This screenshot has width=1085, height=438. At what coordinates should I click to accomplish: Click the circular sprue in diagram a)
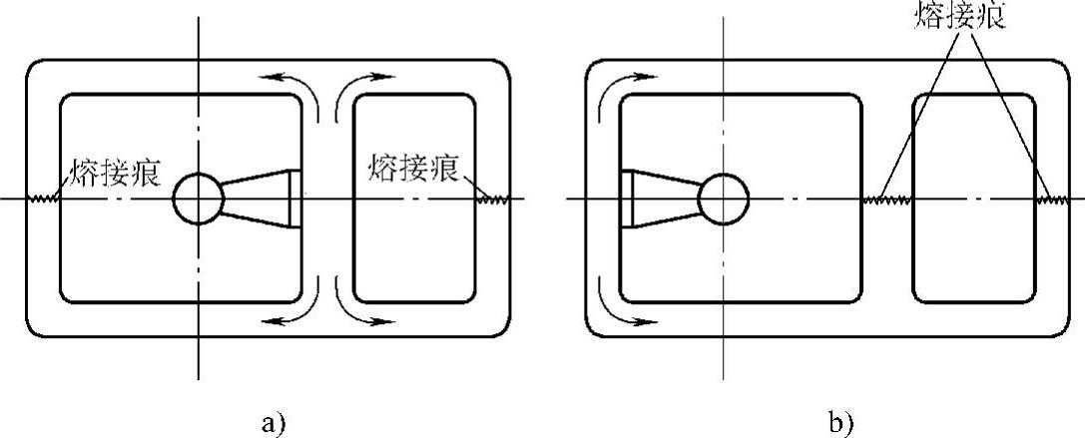coord(198,199)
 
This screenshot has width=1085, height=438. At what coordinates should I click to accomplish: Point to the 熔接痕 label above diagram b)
coord(961,15)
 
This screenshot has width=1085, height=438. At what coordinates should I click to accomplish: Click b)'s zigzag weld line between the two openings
coord(886,200)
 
